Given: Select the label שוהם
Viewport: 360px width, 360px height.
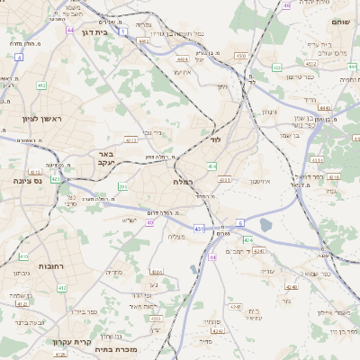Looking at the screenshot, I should click(340, 21).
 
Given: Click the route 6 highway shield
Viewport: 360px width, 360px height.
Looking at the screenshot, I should click(240, 221).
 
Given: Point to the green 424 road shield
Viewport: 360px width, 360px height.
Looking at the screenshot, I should click(248, 240).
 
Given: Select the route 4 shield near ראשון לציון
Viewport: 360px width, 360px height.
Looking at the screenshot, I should click(19, 57).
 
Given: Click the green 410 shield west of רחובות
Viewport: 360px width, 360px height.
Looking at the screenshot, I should click(61, 288).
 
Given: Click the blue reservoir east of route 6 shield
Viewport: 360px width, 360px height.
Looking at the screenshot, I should click(266, 225).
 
